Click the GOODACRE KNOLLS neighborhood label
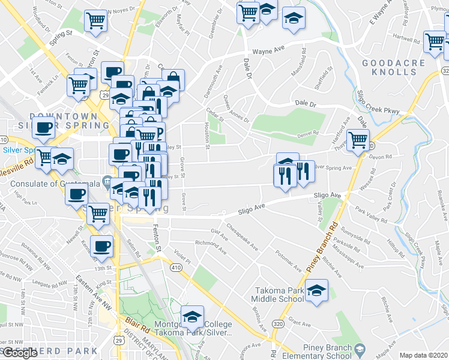393,67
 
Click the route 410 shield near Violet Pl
176,266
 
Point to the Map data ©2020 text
423,355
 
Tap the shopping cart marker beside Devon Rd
358,140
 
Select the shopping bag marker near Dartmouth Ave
173,79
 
